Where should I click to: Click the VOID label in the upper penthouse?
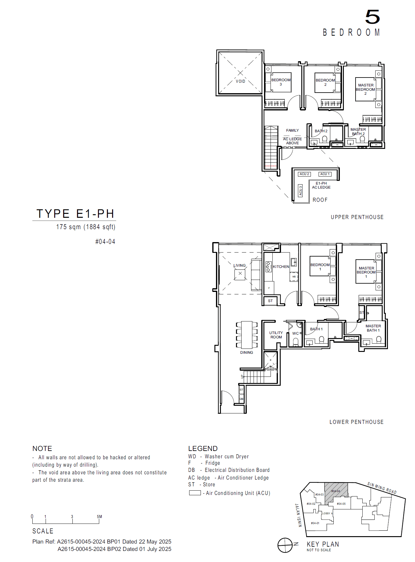240,82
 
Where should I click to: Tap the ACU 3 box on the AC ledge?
300,191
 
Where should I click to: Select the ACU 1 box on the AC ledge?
325,174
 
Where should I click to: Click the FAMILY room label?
292,130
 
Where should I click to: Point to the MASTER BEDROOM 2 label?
365,89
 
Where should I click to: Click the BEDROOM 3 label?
281,82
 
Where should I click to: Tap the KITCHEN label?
281,267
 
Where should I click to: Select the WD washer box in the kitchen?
294,277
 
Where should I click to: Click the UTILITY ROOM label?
276,335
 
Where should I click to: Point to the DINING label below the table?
246,353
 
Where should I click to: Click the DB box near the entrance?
242,399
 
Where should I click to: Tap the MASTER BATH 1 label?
373,328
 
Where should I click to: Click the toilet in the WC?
295,342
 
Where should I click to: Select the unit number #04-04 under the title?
105,242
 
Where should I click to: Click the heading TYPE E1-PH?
75,214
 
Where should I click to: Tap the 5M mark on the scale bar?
99,517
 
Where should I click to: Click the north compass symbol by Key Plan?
285,545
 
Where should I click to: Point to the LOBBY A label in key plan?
327,513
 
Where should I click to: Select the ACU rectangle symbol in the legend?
195,493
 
